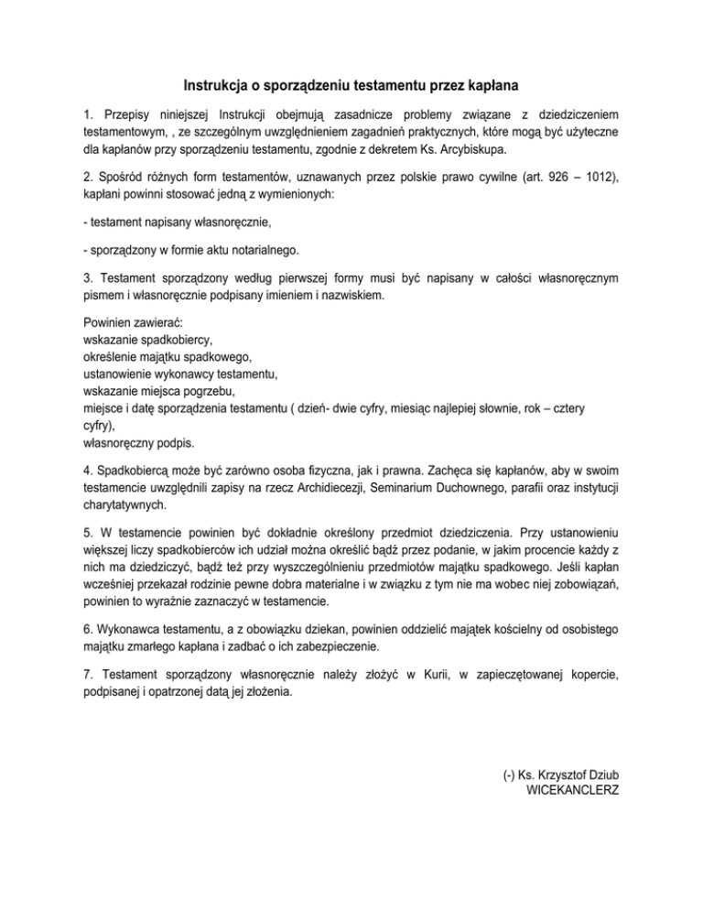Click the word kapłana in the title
click(492, 86)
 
